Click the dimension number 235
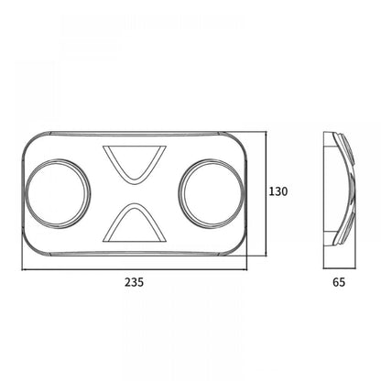pos(134,282)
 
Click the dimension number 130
pos(278,191)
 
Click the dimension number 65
pos(339,282)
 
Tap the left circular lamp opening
pos(58,194)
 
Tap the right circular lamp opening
pos(212,194)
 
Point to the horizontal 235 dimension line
pos(135,269)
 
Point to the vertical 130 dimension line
pos(267,194)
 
